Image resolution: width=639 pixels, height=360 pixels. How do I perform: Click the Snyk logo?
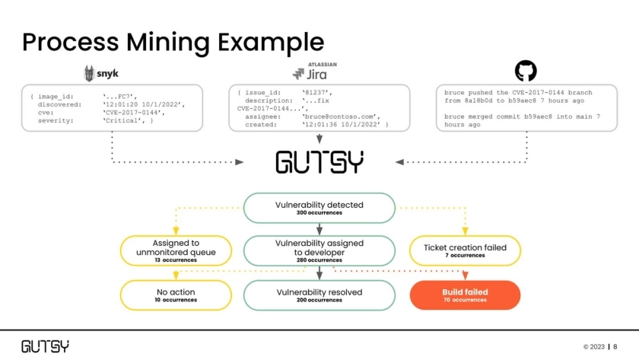coord(100,73)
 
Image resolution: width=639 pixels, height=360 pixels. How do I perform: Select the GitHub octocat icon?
coord(526,72)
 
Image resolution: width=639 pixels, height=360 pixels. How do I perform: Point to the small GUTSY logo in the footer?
coord(45,346)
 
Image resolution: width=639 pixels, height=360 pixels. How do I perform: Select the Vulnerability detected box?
coord(319,207)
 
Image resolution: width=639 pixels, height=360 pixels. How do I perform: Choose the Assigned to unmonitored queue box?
coord(176,250)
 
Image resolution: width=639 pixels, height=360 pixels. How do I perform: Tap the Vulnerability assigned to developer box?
coord(319,250)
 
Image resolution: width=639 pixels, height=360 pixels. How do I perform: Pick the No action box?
coord(176,295)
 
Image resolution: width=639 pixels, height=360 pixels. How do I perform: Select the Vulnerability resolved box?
coord(319,295)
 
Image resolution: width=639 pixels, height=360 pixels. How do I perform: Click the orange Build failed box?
coord(465,295)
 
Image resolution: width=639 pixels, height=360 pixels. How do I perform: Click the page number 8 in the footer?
coord(615,346)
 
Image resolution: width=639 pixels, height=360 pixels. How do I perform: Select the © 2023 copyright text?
coord(593,346)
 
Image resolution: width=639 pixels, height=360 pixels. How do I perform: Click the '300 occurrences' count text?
coord(319,213)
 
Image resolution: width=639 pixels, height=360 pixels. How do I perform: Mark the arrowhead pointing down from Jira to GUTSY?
coord(319,141)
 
